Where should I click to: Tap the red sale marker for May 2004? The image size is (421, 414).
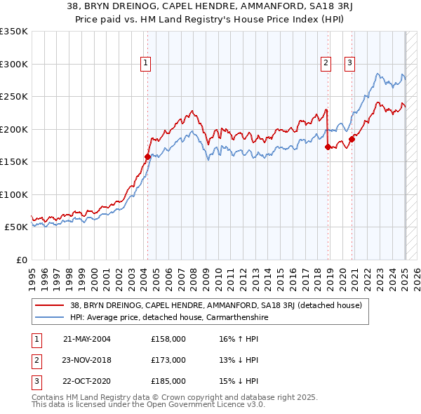[x=147, y=157]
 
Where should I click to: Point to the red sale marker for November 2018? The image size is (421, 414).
[x=328, y=147]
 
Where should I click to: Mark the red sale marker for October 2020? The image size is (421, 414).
[x=352, y=139]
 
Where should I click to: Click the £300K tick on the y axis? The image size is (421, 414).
[x=14, y=64]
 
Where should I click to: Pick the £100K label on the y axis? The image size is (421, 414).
[x=14, y=194]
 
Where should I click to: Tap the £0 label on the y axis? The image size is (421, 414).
[x=21, y=260]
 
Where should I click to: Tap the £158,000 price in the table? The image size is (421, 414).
[x=168, y=339]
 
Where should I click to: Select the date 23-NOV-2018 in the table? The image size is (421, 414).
[x=87, y=360]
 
